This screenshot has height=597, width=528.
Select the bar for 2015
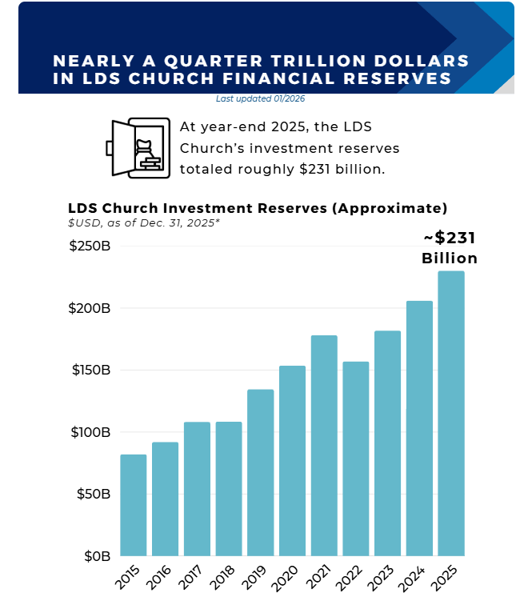click(134, 505)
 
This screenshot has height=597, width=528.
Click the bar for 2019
click(261, 472)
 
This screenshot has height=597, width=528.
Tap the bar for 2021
click(324, 445)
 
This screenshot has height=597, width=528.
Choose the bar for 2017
click(197, 488)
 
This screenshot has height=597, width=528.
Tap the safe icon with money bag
click(138, 148)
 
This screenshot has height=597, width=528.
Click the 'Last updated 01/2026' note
click(260, 99)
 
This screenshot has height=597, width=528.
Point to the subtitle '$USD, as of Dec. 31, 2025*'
click(144, 222)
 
